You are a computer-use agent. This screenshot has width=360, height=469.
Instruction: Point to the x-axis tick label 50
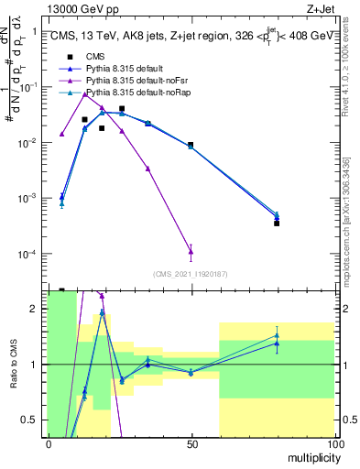191,443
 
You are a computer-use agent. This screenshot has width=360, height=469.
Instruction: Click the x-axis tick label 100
334,443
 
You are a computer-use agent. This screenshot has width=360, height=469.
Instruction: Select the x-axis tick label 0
49,443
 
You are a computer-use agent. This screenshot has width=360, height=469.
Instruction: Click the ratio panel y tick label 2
34,309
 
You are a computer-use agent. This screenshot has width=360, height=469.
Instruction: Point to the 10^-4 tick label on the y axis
28,255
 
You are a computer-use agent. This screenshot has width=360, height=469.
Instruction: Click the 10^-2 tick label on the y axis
28,142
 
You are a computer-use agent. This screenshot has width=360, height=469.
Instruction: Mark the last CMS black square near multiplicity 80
277,223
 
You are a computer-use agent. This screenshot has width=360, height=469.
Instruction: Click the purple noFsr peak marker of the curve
84,93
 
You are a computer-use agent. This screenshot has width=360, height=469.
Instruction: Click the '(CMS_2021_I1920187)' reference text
191,274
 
